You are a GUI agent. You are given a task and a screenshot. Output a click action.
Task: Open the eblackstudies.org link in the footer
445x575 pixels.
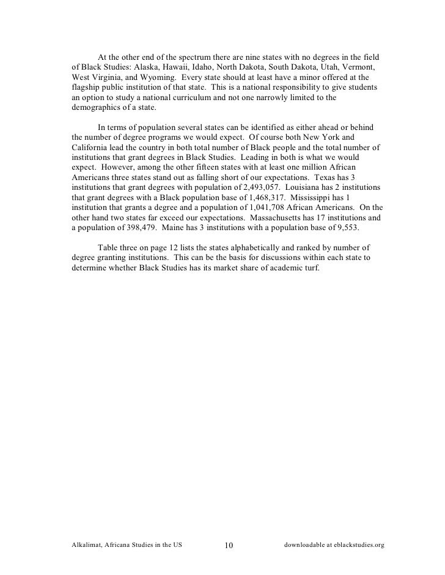357,546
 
